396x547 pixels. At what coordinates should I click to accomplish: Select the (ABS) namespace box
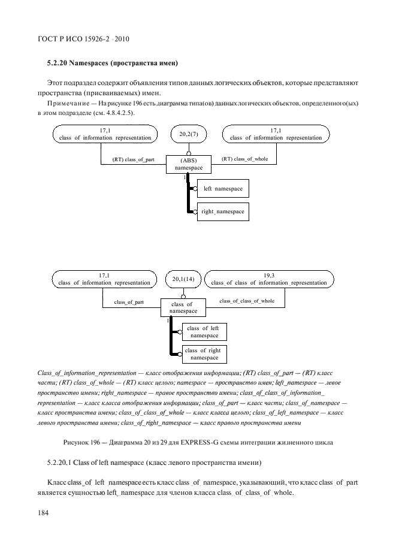(188, 164)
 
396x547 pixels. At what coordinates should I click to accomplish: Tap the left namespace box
(222, 189)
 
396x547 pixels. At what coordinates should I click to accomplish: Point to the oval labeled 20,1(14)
(183, 279)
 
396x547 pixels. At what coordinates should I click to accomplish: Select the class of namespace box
(183, 308)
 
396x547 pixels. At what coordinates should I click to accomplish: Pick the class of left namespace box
(204, 332)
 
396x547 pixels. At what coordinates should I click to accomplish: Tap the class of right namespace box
(204, 354)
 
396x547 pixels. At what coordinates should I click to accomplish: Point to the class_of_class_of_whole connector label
(247, 301)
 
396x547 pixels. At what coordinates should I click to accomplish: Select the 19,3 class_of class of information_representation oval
(268, 279)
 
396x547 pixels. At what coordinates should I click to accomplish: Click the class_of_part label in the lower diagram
(129, 302)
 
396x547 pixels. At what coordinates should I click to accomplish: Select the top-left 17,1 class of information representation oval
(105, 134)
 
